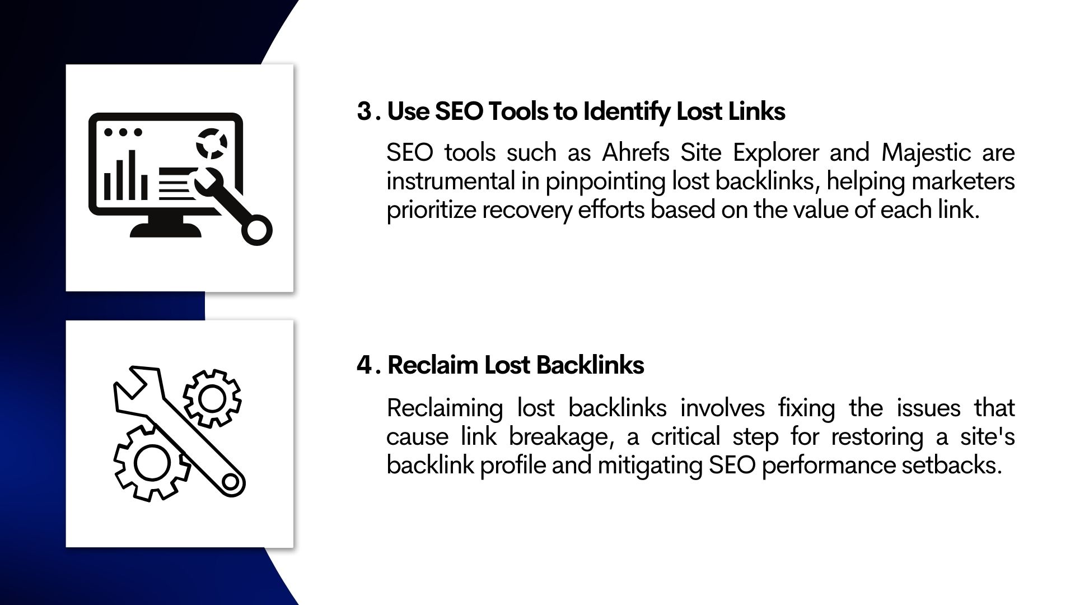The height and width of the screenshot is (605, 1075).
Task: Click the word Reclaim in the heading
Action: click(432, 365)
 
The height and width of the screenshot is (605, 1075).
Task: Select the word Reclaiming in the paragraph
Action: click(445, 408)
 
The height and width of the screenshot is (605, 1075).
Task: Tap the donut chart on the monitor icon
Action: click(211, 143)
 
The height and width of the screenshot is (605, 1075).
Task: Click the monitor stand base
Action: click(165, 230)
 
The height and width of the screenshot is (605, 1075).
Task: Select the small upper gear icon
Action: click(212, 398)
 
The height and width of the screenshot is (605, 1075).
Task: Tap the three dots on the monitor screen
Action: click(123, 133)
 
